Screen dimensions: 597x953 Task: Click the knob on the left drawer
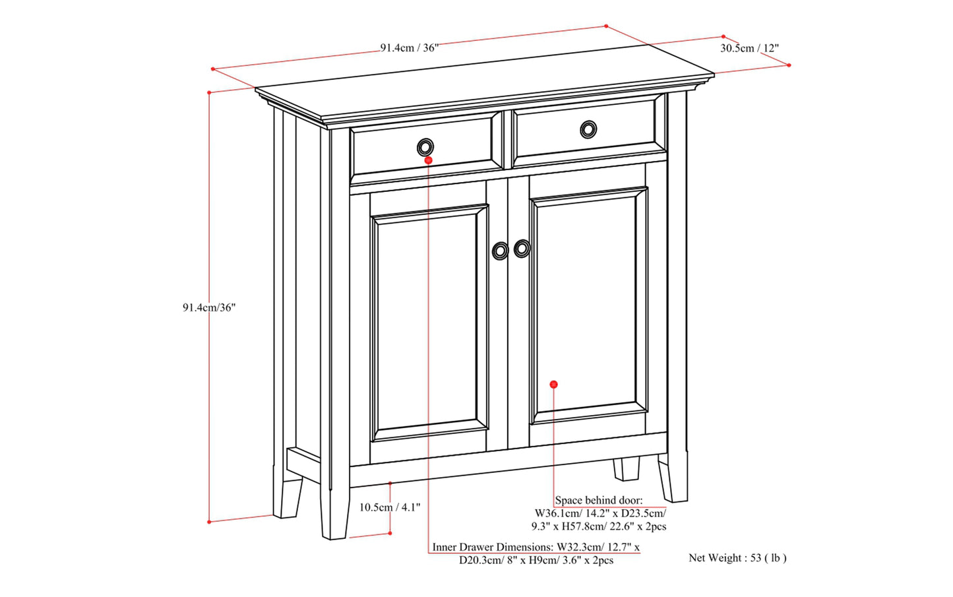tap(425, 146)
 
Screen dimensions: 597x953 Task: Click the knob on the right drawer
tap(588, 129)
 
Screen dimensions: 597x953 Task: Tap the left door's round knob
tap(501, 251)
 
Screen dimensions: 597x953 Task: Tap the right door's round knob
tap(522, 248)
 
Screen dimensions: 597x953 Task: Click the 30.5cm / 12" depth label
tap(749, 48)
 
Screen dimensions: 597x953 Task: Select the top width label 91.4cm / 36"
tap(409, 47)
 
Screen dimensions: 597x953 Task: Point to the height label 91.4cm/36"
tap(209, 307)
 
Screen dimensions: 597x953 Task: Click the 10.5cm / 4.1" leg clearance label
tap(389, 507)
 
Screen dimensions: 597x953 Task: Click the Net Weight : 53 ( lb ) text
tap(737, 558)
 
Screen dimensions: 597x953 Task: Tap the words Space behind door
tap(598, 501)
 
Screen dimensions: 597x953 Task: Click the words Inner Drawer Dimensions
tap(493, 548)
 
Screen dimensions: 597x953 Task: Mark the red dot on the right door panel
tap(553, 384)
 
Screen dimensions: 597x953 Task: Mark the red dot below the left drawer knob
tap(429, 160)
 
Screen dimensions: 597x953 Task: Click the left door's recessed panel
tap(429, 323)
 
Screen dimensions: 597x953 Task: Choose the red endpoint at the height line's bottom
tap(209, 522)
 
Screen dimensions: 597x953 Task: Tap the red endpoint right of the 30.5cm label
tap(789, 65)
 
